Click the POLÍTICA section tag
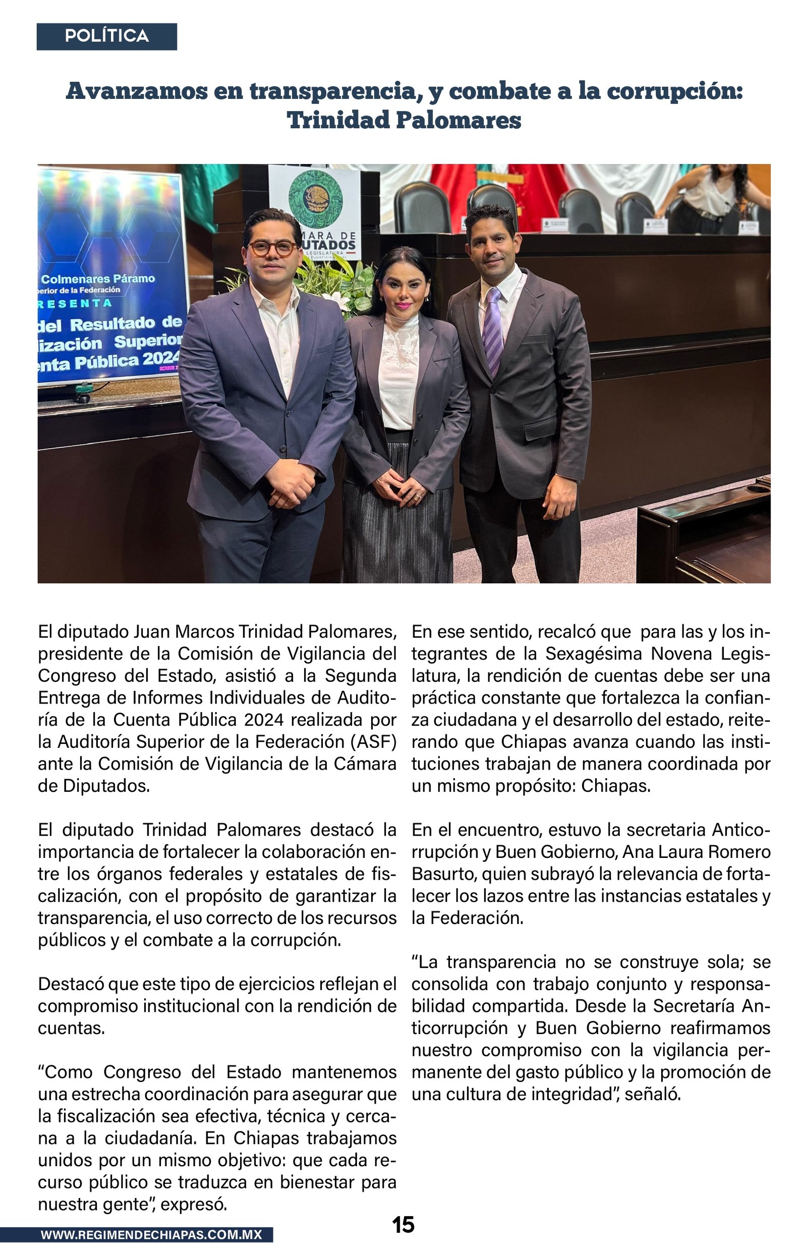click(x=106, y=36)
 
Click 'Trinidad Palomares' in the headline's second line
click(x=403, y=121)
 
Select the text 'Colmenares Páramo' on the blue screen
click(x=98, y=279)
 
